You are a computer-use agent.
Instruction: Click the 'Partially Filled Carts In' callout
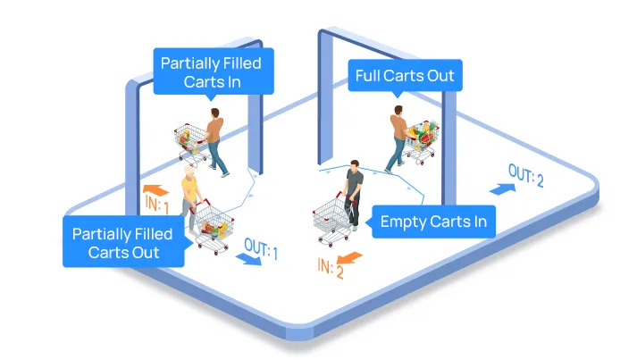[x=214, y=71]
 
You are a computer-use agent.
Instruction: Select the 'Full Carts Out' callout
[x=405, y=76]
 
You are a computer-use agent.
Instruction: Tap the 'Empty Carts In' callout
[x=433, y=222]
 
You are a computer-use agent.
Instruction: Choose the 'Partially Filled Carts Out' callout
[x=123, y=242]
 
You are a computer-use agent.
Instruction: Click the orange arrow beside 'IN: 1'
[x=155, y=190]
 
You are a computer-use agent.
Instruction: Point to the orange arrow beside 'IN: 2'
[x=349, y=257]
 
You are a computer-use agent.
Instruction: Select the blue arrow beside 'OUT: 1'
[x=248, y=259]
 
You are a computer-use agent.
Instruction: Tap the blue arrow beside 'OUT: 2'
[x=502, y=189]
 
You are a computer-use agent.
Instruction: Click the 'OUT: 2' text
[x=525, y=175]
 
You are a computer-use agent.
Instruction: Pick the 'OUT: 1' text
[x=261, y=248]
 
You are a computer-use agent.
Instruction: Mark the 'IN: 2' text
[x=331, y=269]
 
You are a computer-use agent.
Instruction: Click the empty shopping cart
[x=332, y=220]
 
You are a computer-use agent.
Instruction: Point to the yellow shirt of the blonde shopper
[x=189, y=188]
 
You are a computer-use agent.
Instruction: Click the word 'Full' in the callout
[x=367, y=76]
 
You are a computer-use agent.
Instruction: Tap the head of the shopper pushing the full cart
[x=398, y=110]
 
